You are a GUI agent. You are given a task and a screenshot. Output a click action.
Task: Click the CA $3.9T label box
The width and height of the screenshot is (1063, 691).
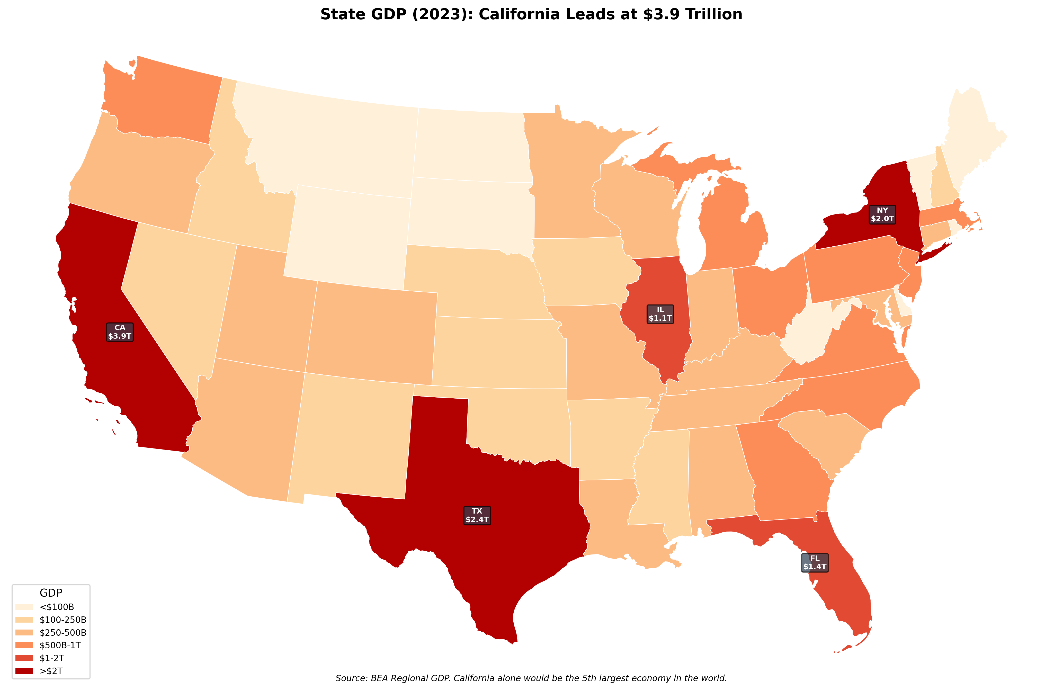tap(120, 332)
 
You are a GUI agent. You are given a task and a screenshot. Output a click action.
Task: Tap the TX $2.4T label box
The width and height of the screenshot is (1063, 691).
tap(477, 515)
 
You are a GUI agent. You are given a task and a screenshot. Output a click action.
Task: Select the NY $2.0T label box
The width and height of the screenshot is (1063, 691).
tap(882, 214)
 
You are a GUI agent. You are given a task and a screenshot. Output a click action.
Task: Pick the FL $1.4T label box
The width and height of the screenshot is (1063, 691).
tap(815, 562)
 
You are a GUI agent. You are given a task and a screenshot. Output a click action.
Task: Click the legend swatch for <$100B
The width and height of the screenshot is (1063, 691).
tap(24, 607)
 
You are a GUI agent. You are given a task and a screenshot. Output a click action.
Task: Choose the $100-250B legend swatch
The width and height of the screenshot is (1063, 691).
tap(24, 620)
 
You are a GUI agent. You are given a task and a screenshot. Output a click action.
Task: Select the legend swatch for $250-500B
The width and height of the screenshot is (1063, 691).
tap(24, 632)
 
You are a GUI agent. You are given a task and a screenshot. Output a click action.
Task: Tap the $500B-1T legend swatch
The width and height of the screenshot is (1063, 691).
tap(24, 645)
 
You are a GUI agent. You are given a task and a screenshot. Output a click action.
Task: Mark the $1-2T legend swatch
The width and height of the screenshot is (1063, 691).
tap(24, 658)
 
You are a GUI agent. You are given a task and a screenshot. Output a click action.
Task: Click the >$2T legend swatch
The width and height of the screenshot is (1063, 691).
tap(24, 670)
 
